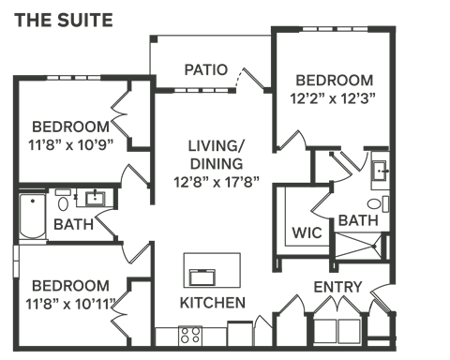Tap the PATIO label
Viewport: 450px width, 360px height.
tap(206, 69)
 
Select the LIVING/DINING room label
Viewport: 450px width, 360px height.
tap(216, 155)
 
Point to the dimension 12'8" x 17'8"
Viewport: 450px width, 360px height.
tap(217, 181)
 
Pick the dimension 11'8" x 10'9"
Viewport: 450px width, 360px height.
tap(70, 145)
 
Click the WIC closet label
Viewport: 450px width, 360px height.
tap(307, 232)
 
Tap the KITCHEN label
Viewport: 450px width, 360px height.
tap(213, 303)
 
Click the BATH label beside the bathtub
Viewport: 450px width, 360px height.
tap(71, 225)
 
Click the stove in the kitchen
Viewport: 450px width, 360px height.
tap(191, 334)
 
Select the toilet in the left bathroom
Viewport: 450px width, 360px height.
tap(63, 200)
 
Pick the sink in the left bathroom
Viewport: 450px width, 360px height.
tap(94, 198)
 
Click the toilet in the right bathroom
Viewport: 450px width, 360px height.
tap(378, 204)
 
